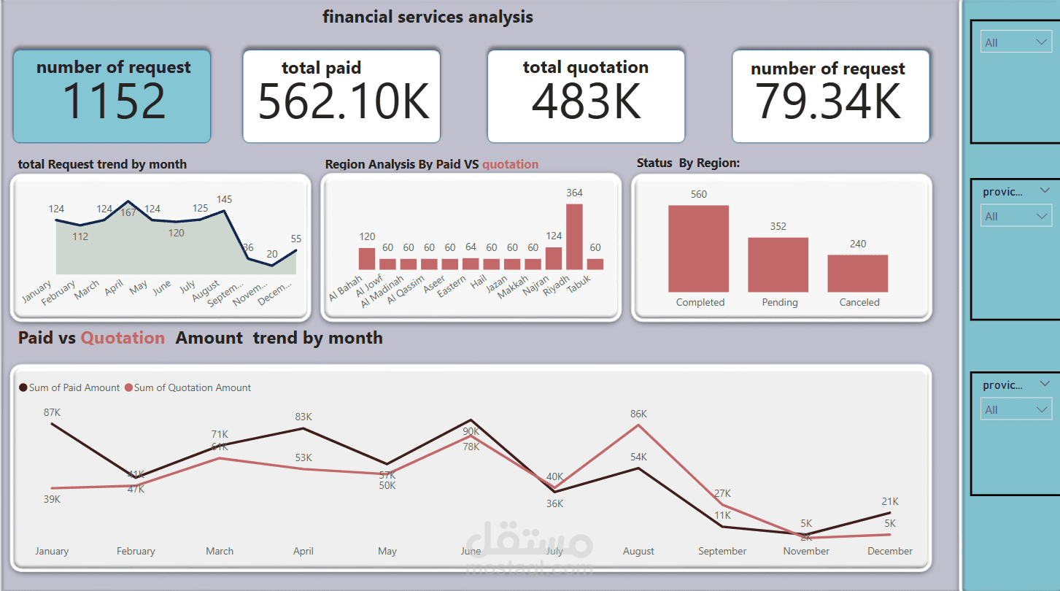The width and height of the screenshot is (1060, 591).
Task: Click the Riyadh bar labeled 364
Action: (574, 237)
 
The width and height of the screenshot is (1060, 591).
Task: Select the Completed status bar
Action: (698, 248)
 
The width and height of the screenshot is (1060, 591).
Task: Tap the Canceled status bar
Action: (857, 273)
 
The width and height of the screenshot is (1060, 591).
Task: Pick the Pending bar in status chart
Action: (778, 264)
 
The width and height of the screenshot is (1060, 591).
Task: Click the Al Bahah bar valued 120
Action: (366, 259)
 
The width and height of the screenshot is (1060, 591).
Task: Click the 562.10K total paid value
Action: (344, 101)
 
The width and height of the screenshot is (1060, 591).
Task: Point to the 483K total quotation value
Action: (586, 101)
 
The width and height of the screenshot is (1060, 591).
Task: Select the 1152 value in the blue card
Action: (114, 101)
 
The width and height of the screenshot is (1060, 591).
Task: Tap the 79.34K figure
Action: (828, 101)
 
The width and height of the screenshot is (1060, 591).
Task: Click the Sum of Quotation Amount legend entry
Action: (192, 388)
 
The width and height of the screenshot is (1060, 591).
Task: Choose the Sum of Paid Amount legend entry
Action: (74, 388)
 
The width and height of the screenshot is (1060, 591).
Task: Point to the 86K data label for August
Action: (638, 414)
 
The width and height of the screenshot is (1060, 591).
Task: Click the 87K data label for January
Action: (52, 412)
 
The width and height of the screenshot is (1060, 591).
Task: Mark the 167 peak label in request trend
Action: (128, 213)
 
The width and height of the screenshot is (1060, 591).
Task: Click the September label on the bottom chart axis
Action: (722, 552)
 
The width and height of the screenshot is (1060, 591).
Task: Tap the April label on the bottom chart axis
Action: (303, 552)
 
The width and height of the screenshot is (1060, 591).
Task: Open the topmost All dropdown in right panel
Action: (1015, 43)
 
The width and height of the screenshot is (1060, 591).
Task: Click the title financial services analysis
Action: (428, 17)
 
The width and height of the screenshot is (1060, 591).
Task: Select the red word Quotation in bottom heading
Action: (123, 338)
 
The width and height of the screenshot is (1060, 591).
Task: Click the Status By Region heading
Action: (688, 163)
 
